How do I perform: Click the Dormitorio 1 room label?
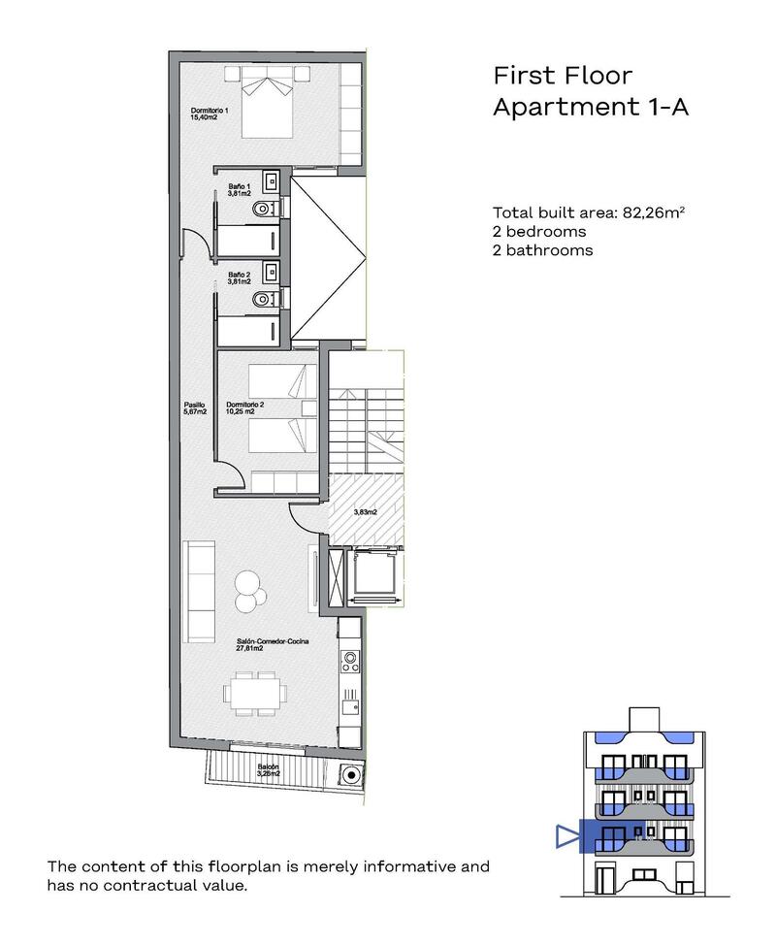209,114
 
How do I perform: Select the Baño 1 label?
240,189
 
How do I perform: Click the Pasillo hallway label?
195,408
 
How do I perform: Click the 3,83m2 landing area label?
365,511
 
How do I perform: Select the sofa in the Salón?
202,592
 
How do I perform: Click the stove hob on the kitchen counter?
349,663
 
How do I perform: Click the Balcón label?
296,769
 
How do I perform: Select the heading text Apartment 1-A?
590,107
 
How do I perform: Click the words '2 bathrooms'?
542,249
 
